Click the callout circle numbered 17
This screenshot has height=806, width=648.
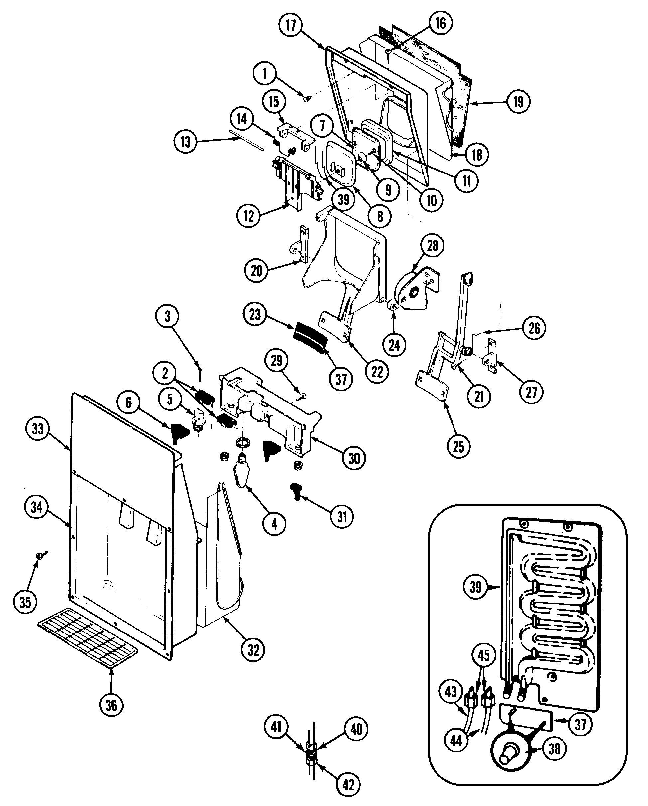(291, 25)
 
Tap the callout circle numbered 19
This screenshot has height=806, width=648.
(518, 101)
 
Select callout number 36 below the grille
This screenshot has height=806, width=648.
(111, 705)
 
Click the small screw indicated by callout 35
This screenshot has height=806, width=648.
(39, 556)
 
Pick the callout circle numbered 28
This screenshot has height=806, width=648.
(432, 246)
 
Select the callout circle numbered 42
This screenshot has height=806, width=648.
(348, 784)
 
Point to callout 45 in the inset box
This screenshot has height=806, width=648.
(483, 655)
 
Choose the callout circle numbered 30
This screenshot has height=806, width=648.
(354, 458)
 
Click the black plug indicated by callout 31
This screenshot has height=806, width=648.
(296, 491)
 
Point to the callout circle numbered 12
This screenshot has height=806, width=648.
(248, 216)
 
